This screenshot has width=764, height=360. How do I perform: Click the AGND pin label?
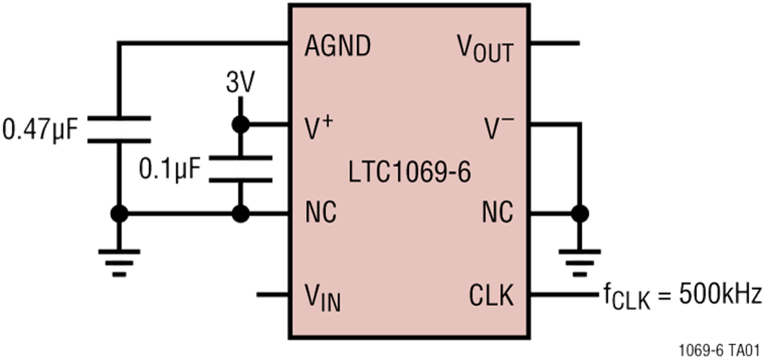click(x=338, y=46)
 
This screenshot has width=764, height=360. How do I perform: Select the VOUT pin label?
click(x=485, y=48)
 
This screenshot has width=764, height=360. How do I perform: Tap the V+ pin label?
click(x=320, y=128)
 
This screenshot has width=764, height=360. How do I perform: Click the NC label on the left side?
click(x=320, y=212)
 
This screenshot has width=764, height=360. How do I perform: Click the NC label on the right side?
click(x=498, y=212)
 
